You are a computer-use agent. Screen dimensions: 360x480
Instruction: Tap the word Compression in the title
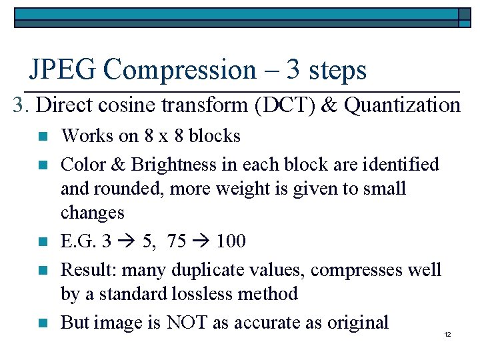tap(180, 69)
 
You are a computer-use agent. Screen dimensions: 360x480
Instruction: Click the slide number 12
tap(447, 334)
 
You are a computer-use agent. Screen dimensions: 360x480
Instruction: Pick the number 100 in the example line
tap(231, 241)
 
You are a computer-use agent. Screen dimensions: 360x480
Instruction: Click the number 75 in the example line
tap(177, 241)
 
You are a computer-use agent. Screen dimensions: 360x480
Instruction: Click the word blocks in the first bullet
tap(215, 136)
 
